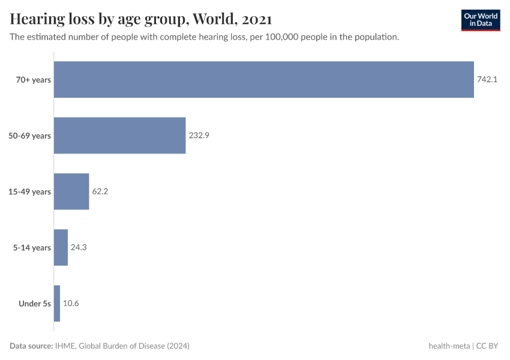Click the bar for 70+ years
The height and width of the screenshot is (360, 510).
264,80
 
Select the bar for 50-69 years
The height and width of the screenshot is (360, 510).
120,136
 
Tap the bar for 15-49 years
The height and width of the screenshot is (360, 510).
71,191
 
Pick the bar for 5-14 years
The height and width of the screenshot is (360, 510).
61,247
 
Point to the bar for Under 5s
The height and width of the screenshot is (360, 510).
57,303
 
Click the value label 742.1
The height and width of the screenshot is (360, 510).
487,80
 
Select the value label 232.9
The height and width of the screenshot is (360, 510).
199,136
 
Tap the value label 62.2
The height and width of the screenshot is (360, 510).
100,191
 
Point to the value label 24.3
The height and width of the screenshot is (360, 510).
79,247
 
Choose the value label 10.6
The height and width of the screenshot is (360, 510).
71,303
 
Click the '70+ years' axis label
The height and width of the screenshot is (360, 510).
34,80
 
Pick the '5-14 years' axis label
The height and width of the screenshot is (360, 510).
33,247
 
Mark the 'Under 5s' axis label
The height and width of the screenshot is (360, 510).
35,304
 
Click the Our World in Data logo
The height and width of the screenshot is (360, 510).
480,20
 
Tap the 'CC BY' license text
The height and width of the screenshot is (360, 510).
488,346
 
